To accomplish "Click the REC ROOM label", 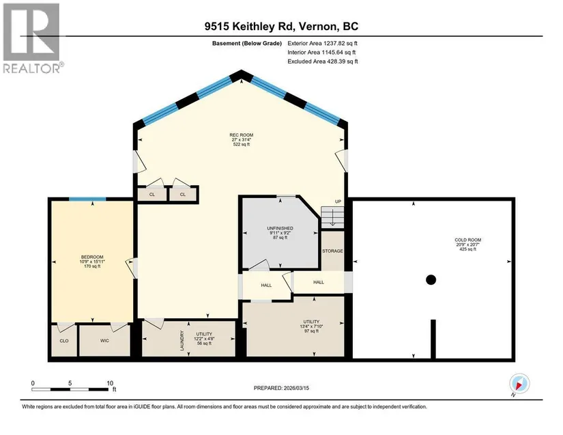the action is [x=242, y=135].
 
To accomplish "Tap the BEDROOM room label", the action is [x=92, y=257].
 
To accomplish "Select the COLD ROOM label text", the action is [x=468, y=240].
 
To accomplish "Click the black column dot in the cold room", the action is [x=431, y=279].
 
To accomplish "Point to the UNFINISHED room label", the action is [x=280, y=229].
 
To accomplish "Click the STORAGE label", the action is [x=332, y=251].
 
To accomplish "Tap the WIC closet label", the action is [x=104, y=341].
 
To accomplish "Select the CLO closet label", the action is [x=64, y=341].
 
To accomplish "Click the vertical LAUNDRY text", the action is [x=182, y=341].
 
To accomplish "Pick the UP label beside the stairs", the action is [x=338, y=202].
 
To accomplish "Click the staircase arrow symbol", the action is [x=332, y=219].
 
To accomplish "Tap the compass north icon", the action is [x=519, y=384].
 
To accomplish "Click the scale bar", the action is [x=70, y=389].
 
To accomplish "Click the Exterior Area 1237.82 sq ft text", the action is [x=322, y=44].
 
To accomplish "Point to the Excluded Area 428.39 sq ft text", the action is [x=323, y=61].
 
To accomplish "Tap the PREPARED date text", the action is [x=281, y=388].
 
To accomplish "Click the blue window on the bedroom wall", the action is [x=87, y=199].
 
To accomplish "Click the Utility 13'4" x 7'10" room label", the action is [x=311, y=326].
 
